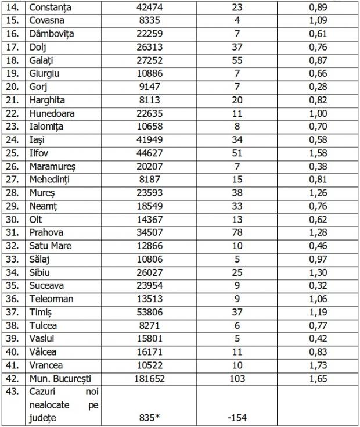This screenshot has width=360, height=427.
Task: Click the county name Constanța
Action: [54, 8]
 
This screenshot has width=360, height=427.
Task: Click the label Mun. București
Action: [60, 378]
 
